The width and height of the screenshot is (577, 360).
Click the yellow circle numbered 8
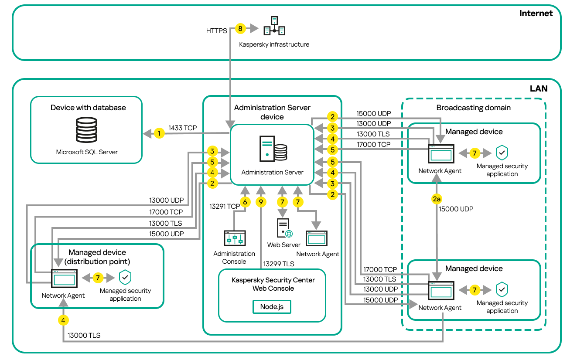[240, 29]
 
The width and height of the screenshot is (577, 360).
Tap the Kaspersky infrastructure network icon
[274, 26]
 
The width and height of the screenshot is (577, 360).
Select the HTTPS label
[217, 31]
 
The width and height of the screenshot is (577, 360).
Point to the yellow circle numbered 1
[160, 133]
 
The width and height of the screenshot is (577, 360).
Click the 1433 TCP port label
[182, 128]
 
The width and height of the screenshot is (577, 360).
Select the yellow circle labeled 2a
[437, 199]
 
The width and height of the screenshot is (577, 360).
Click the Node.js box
[272, 306]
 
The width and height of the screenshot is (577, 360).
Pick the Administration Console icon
[234, 239]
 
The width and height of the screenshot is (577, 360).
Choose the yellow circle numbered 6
[245, 202]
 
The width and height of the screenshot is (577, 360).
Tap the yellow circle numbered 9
[261, 202]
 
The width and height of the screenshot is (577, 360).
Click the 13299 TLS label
[278, 264]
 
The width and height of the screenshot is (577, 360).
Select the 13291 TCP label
[225, 207]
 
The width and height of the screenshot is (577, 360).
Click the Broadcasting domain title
[473, 108]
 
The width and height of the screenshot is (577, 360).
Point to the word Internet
[536, 13]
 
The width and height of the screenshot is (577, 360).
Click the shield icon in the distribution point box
[125, 277]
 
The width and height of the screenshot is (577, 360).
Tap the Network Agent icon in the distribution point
[64, 278]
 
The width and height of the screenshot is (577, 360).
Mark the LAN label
[538, 88]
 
